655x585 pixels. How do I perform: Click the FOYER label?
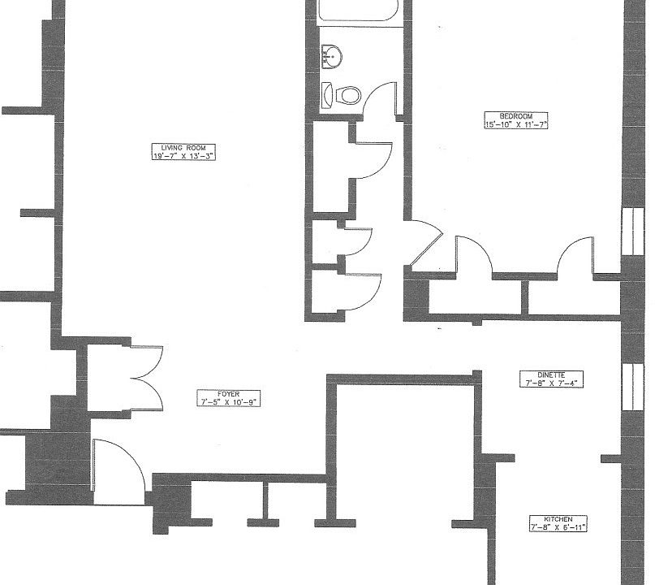[x=228, y=393]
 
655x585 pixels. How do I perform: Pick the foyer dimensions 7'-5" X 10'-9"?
[x=228, y=402]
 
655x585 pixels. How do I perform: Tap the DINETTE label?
[x=550, y=374]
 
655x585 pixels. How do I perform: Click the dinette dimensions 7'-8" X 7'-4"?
[x=550, y=383]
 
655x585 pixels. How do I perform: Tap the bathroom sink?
[x=332, y=56]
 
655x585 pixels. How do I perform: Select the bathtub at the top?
[x=358, y=11]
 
